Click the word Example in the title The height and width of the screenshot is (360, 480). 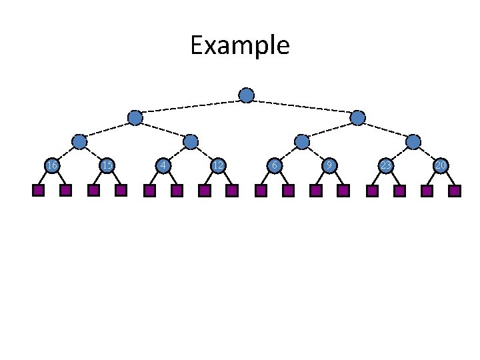(x=239, y=46)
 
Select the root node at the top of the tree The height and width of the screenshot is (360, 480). (x=247, y=95)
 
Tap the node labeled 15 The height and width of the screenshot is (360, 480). (x=107, y=165)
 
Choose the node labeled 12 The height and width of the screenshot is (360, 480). (x=218, y=165)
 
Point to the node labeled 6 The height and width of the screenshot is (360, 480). (x=274, y=165)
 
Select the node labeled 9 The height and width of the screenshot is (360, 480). (x=329, y=165)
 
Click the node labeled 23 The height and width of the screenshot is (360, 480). (x=385, y=165)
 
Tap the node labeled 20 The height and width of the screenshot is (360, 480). (x=441, y=165)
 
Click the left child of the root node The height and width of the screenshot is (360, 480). (x=135, y=118)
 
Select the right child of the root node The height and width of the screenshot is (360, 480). (x=358, y=118)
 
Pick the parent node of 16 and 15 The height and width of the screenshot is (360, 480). (x=79, y=141)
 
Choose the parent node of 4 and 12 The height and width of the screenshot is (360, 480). (x=191, y=141)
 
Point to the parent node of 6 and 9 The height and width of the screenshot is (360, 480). (x=302, y=141)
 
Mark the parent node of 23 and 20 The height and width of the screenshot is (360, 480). (x=413, y=141)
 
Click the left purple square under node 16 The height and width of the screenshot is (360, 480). (x=38, y=191)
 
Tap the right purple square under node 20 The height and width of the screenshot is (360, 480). (x=455, y=191)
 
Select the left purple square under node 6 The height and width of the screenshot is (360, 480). (x=261, y=191)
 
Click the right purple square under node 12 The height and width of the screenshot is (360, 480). (x=232, y=191)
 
